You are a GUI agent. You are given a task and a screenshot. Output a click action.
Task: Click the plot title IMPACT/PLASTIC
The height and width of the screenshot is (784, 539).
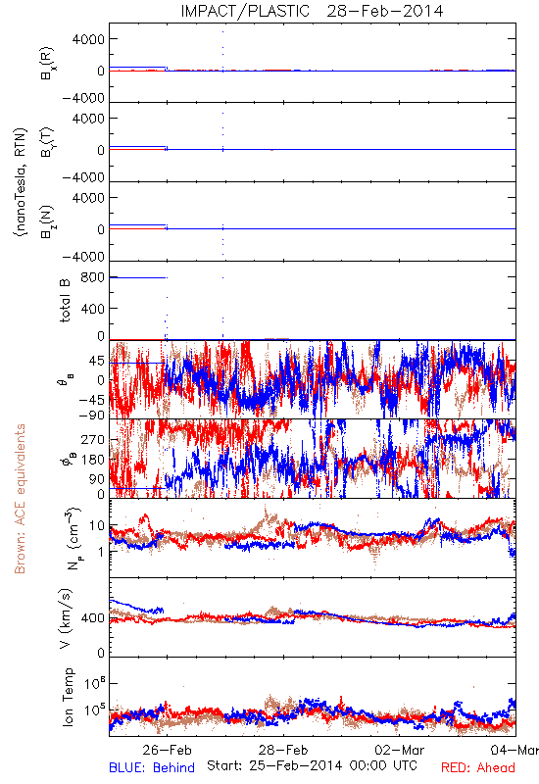[245, 11]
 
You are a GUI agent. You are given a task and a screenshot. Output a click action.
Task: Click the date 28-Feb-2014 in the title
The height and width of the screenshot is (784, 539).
[385, 11]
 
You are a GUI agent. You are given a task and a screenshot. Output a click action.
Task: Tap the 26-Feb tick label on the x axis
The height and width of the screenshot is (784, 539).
[167, 750]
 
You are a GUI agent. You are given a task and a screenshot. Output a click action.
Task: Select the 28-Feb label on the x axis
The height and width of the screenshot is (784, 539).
[283, 750]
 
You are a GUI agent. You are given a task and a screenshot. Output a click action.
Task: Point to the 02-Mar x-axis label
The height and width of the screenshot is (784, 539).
[400, 750]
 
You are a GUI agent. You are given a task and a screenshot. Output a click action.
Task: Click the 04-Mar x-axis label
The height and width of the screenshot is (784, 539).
[514, 750]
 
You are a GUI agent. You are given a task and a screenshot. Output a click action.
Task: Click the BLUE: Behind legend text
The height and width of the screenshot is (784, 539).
[152, 767]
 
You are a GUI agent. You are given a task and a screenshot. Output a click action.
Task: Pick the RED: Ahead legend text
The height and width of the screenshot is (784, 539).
[478, 767]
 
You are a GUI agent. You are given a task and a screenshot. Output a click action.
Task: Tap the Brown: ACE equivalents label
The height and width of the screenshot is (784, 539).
[20, 499]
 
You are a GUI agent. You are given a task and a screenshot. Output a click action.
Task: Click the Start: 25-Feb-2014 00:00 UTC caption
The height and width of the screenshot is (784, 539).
[312, 765]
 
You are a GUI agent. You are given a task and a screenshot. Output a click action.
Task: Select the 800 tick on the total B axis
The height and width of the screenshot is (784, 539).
[92, 277]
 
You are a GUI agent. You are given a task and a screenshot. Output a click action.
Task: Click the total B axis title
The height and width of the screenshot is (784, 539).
[66, 301]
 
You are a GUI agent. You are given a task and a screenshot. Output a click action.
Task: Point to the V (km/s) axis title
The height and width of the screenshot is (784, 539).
[66, 618]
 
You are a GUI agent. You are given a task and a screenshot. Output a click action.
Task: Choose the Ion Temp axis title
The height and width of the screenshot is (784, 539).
[68, 697]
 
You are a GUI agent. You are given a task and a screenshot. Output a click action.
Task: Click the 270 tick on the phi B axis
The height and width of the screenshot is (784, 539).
[92, 440]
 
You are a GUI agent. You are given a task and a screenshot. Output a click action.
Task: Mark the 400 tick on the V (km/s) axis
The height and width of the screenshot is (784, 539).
[92, 618]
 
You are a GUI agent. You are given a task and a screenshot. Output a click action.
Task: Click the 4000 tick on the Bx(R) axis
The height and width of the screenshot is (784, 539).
[88, 39]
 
